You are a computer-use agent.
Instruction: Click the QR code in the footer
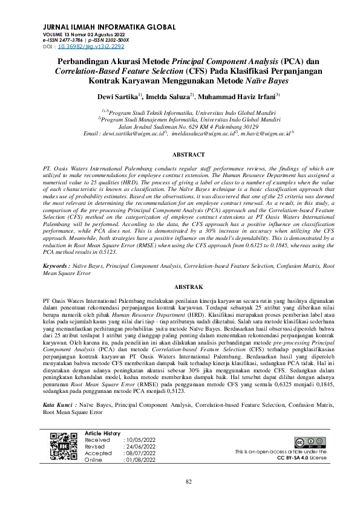pos(63,447)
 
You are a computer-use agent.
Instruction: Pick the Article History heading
pos(103,433)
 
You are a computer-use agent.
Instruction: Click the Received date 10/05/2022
pos(141,440)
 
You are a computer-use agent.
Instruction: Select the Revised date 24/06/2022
pos(141,447)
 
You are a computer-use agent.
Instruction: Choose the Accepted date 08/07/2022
pos(141,453)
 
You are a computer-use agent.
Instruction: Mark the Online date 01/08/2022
pos(141,459)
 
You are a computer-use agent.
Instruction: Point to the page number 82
pos(188,481)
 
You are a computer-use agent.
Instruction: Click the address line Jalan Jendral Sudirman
pos(188,126)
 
